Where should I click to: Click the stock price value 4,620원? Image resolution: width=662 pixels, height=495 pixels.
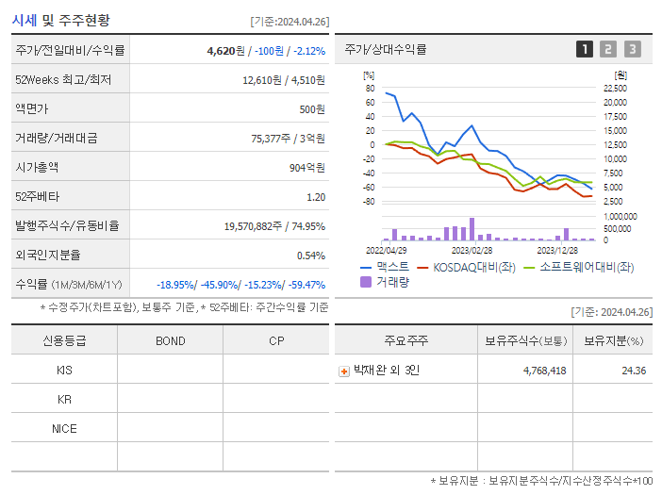click(227, 51)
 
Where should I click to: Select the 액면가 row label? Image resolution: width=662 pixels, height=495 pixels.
click(34, 109)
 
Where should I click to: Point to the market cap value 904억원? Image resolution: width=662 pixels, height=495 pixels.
click(306, 168)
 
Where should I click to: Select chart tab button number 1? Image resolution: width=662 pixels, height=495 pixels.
click(585, 49)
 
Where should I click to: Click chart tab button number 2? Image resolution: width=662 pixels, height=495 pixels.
click(608, 49)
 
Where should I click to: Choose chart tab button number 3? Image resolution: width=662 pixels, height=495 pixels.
click(632, 49)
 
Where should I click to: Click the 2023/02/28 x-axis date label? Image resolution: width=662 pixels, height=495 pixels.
click(472, 250)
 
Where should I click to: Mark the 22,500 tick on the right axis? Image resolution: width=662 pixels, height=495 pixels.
click(614, 89)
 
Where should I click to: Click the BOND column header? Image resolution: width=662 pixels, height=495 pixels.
click(170, 341)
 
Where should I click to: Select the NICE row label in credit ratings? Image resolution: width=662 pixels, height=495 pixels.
click(64, 429)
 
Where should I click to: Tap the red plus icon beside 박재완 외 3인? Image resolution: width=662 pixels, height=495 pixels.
click(343, 371)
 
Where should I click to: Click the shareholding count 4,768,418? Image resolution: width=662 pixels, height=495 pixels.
click(544, 371)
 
